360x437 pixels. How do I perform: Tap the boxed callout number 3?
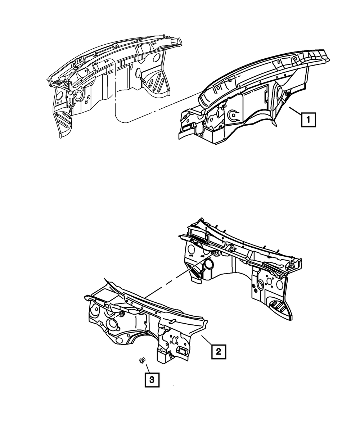click(152, 380)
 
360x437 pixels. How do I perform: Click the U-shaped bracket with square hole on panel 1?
click(233, 115)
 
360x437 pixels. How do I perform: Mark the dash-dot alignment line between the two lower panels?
click(173, 284)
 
